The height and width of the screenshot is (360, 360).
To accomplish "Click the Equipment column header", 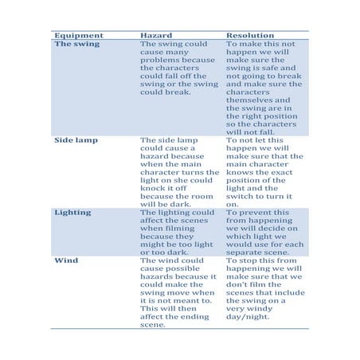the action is [78, 36].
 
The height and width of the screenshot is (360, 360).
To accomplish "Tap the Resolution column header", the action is [251, 36].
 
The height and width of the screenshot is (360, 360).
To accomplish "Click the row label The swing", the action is [77, 45].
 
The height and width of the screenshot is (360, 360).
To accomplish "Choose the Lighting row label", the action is [73, 213].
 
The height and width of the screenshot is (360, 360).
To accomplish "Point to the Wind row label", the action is [66, 260].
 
